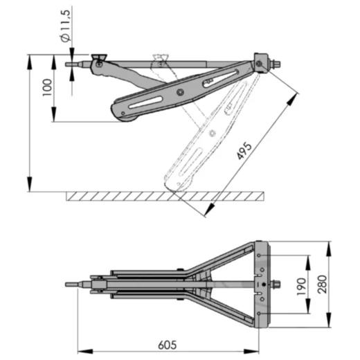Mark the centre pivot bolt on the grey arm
[x=180, y=92]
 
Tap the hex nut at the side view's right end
[x=276, y=66]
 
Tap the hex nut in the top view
[x=276, y=284]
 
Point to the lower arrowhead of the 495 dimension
[x=207, y=214]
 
